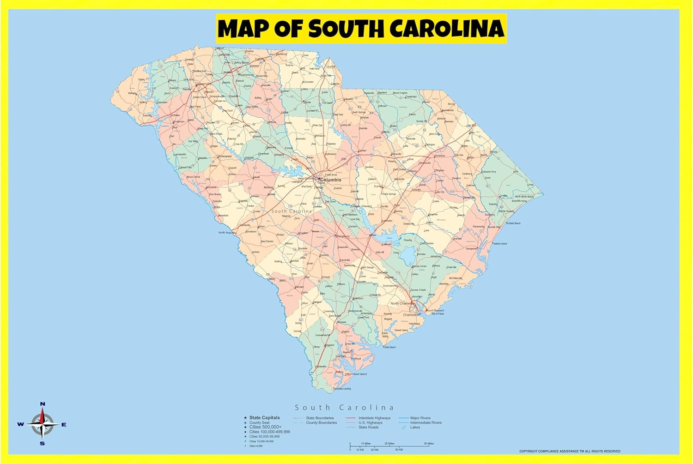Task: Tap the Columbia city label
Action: point(330,180)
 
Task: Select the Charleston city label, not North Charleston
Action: point(411,315)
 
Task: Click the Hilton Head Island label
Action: point(356,374)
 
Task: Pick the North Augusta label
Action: point(227,233)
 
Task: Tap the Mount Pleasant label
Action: point(435,311)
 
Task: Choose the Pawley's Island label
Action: point(499,243)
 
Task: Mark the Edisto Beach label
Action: point(389,347)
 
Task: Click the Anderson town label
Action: point(179,121)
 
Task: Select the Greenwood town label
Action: point(225,157)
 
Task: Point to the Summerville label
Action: point(389,286)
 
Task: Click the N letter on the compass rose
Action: point(43,404)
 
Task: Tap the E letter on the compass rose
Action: point(64,425)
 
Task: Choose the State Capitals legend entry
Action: point(264,418)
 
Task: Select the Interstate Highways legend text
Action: point(374,418)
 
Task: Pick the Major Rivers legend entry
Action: point(420,418)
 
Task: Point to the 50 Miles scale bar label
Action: point(429,444)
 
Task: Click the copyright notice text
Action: point(570,451)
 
